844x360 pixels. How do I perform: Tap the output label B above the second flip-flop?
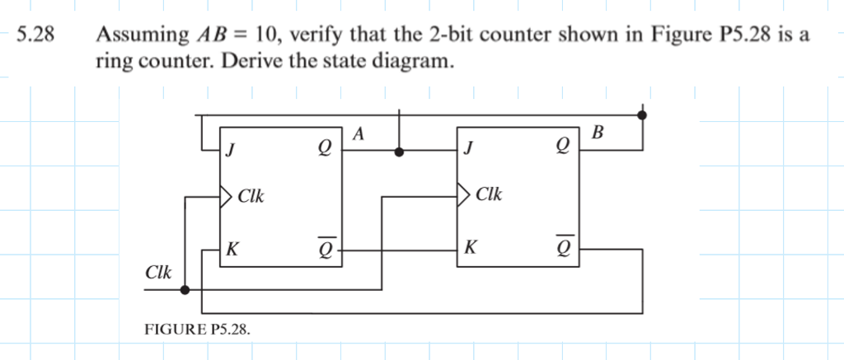tap(598, 133)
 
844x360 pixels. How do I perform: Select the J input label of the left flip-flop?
tap(232, 151)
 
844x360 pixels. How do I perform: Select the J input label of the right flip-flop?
tap(470, 151)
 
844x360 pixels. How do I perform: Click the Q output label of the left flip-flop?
tap(326, 151)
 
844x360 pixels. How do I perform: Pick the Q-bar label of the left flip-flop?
tap(326, 246)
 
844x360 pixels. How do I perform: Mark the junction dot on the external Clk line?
tap(185, 289)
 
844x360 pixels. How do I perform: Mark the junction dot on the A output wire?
tap(400, 152)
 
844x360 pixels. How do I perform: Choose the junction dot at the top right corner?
tap(643, 116)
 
